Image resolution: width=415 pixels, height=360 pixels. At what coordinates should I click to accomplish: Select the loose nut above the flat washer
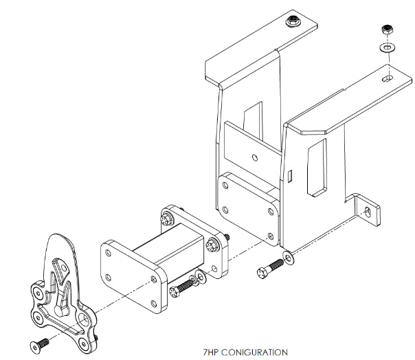click(x=387, y=32)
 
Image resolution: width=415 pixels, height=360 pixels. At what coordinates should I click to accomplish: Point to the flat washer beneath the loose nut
click(x=387, y=49)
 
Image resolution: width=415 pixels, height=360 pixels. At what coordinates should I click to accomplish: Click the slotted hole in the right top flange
click(x=389, y=80)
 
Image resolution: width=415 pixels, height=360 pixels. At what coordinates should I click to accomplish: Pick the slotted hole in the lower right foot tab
click(x=369, y=211)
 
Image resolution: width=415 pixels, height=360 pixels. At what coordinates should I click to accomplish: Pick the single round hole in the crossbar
click(x=255, y=157)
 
